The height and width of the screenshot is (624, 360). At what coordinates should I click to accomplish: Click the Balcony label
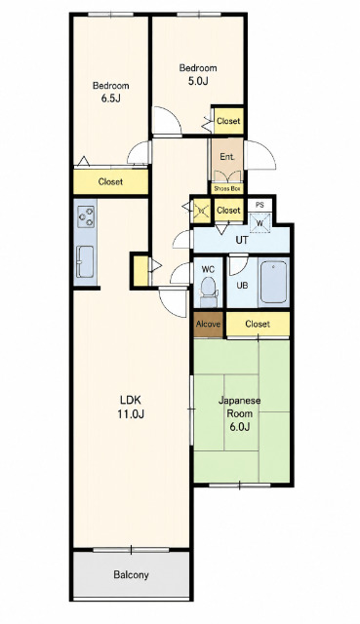tap(131, 574)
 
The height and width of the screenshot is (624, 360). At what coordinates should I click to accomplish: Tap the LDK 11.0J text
tap(130, 407)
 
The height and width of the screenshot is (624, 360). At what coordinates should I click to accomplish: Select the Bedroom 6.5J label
tap(110, 92)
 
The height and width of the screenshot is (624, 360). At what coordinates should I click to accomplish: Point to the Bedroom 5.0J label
tap(198, 74)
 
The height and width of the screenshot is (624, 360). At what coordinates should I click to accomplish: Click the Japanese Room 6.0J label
tap(239, 413)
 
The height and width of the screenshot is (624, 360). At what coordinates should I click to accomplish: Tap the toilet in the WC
tap(208, 291)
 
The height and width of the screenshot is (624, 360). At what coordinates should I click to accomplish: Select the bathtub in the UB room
tap(273, 282)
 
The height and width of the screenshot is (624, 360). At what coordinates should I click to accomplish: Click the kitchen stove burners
tap(86, 216)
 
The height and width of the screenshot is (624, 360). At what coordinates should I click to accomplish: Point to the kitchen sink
tap(85, 262)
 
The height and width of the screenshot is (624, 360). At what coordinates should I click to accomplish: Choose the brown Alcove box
tap(208, 324)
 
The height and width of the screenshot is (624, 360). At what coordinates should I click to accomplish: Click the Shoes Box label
tap(227, 188)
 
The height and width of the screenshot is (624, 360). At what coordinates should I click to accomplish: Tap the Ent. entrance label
tap(227, 157)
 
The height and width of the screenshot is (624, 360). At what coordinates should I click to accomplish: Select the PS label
tap(260, 206)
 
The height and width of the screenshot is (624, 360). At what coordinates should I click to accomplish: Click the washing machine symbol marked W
tap(260, 223)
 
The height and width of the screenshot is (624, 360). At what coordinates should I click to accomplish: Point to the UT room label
tap(242, 241)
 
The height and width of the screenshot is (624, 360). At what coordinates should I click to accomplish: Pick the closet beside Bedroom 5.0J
tap(228, 121)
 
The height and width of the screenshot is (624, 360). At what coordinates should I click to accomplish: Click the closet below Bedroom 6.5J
tap(110, 182)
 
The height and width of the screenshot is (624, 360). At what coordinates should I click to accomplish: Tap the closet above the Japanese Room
tap(258, 324)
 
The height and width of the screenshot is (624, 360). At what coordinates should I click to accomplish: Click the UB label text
tap(243, 286)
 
